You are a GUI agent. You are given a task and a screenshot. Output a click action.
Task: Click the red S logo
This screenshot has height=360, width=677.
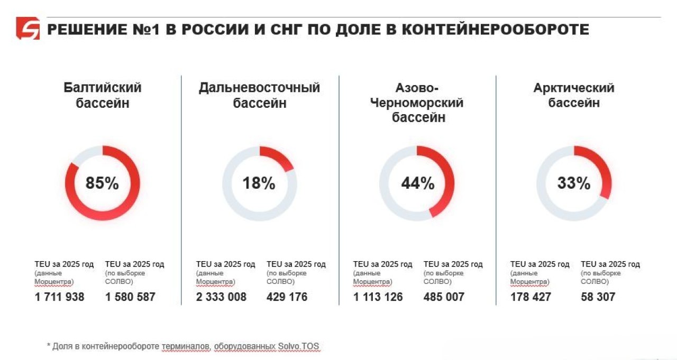coord(28,29)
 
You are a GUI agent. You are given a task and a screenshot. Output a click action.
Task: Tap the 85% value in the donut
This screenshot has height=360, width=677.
coord(102,183)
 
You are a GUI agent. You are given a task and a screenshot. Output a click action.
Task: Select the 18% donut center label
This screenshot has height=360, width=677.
coord(259,183)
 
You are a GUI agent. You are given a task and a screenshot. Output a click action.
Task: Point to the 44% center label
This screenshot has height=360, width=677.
coord(417,183)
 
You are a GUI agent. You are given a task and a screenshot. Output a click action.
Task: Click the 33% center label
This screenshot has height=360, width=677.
coord(574,183)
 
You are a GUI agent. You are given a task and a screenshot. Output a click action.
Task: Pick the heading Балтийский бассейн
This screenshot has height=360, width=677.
coord(102,95)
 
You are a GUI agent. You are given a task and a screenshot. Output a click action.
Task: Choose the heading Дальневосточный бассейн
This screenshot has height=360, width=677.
coord(259,95)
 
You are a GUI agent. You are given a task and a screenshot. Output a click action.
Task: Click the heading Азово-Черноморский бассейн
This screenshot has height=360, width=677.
coord(418,103)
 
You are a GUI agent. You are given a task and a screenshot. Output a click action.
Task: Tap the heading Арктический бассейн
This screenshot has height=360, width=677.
coord(574,95)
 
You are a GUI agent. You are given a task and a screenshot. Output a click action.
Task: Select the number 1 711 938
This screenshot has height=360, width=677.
coord(60,297)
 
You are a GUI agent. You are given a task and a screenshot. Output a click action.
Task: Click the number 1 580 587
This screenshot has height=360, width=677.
coord(130,297)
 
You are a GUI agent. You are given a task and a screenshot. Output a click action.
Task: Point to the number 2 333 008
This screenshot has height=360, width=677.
coord(221,297)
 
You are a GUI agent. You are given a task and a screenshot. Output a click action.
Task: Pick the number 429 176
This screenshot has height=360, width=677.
coord(287,297)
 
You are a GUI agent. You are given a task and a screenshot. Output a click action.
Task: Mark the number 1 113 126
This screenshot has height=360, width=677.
coord(378,297)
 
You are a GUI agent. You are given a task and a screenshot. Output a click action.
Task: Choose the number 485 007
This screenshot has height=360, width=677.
coord(444,297)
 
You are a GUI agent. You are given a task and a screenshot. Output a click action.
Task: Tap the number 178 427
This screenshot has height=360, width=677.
coord(530,297)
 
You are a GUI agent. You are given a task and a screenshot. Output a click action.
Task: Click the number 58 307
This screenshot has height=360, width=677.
coord(598,297)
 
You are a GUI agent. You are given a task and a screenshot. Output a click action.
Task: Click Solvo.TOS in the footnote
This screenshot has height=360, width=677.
coord(299,347)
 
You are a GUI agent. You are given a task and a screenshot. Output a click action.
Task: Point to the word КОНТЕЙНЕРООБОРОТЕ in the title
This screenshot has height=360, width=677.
coord(496,29)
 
